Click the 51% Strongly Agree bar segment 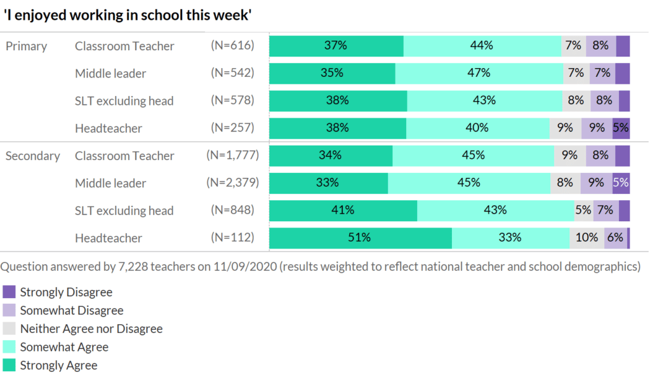pos(360,238)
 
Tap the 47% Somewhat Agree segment pos(479,73)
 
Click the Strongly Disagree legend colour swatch pos(9,292)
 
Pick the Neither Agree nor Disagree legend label pos(91,329)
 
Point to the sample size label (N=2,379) pos(230,183)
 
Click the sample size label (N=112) pos(232,238)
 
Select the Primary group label pos(26,46)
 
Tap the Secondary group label pos(32,156)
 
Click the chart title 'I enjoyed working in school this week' pos(128,15)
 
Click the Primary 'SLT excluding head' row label pos(124,101)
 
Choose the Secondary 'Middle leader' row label pos(110,183)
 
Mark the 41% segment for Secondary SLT pos(343,210)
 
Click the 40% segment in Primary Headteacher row pos(477,128)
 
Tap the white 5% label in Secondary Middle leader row pos(621,183)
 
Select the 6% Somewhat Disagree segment pos(615,238)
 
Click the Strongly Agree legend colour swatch pos(9,365)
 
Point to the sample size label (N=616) pos(232,46)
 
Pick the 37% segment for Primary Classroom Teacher pos(336,46)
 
